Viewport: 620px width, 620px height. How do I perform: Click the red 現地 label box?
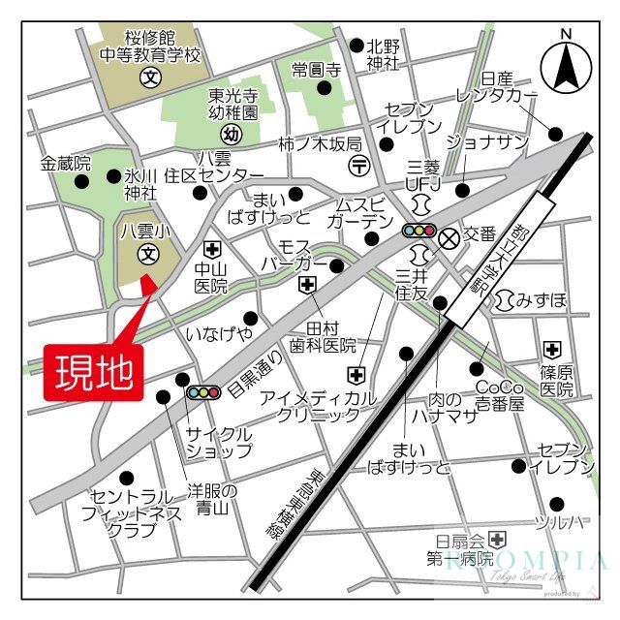click(x=93, y=372)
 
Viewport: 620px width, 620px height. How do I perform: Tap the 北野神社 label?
click(x=383, y=54)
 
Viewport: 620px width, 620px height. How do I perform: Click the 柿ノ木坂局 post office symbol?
click(x=359, y=164)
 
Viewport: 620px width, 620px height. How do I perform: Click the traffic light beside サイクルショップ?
click(x=203, y=392)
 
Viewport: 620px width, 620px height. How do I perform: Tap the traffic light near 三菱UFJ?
click(x=419, y=231)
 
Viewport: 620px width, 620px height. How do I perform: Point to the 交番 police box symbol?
click(x=448, y=235)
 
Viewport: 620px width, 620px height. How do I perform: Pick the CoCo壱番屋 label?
click(x=499, y=395)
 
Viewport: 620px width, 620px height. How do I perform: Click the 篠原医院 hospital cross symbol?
click(x=552, y=349)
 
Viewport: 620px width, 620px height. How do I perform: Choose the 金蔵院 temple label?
click(x=66, y=164)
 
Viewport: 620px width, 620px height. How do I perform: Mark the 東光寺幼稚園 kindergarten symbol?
click(x=231, y=134)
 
